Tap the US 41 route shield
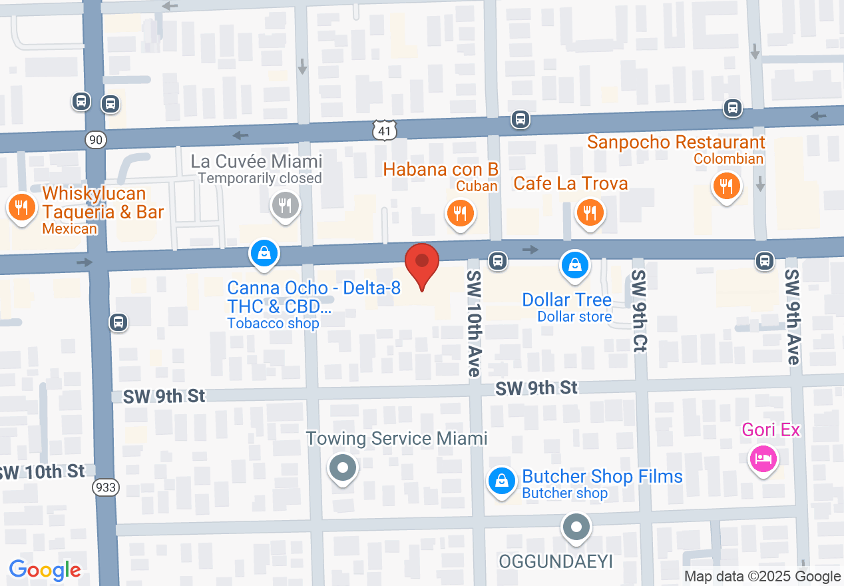[385, 131]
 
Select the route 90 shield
[96, 139]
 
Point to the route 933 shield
[106, 487]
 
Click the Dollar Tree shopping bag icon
[574, 265]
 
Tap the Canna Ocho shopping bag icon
[264, 254]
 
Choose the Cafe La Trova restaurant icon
[590, 212]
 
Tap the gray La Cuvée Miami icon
[286, 204]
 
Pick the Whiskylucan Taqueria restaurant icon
[22, 207]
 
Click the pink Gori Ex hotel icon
[763, 457]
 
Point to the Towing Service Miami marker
[343, 468]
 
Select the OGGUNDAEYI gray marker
[576, 527]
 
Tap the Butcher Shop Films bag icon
[502, 481]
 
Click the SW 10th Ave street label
[474, 323]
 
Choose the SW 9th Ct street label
[639, 312]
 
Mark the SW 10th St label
[42, 472]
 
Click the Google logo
[45, 570]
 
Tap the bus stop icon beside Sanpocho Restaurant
[733, 107]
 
